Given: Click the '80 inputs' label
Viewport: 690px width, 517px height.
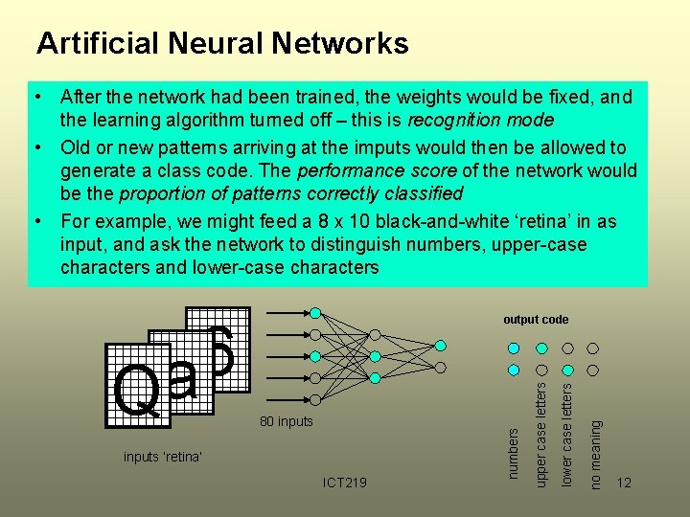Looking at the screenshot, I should [x=286, y=421].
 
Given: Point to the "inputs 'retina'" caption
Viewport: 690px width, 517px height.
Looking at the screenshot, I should [x=162, y=457].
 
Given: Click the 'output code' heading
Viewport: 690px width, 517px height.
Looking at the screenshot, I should [x=536, y=320].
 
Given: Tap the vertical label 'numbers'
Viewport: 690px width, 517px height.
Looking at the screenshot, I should [x=514, y=441].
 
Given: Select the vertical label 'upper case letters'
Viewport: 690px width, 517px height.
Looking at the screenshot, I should [x=541, y=434].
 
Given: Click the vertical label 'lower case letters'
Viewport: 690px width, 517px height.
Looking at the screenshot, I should [x=568, y=434].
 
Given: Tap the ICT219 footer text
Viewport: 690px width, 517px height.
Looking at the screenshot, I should [x=345, y=482].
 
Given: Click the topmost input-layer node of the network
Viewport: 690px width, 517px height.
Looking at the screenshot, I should [x=314, y=313].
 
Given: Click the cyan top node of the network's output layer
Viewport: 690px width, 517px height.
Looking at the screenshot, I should [x=440, y=346].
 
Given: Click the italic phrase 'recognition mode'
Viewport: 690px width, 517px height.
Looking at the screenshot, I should [x=480, y=121].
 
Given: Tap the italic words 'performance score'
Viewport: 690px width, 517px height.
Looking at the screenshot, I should [x=357, y=170].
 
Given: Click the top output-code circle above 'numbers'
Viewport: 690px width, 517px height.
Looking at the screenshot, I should [x=514, y=347].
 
